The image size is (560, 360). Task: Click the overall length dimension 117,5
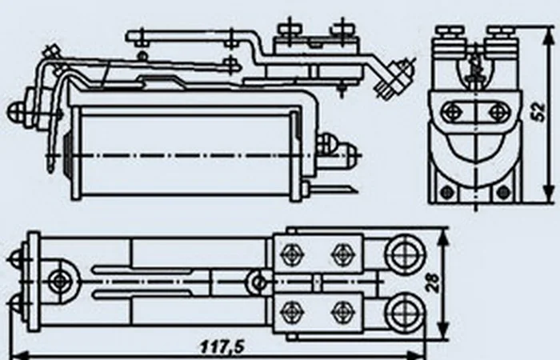coord(222,346)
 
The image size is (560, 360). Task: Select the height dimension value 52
coord(538,112)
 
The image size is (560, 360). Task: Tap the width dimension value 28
coord(433,283)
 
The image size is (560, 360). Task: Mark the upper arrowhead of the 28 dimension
coord(443,238)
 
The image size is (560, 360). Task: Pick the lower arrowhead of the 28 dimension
coord(443,328)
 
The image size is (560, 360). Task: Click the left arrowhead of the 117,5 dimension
coord(22,356)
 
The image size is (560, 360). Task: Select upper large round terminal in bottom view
coord(405,254)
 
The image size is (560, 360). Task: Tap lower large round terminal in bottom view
coord(405,312)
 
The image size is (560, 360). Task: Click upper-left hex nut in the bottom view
coord(292,254)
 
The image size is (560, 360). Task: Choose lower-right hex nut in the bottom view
coord(342,311)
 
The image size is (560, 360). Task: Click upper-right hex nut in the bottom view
coord(342,254)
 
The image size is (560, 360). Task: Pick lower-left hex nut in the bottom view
coord(292,311)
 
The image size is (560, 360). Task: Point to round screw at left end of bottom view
coord(59,282)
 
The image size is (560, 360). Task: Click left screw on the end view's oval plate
coord(450,112)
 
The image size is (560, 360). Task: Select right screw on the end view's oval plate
coord(497,112)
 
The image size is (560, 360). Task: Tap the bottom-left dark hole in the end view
coord(446,193)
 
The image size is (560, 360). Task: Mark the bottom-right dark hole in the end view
coord(503,193)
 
